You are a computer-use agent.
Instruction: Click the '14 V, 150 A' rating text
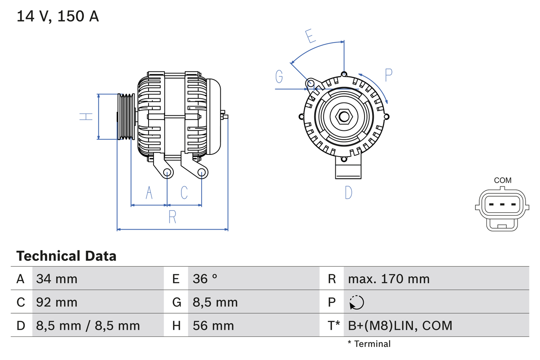(58, 16)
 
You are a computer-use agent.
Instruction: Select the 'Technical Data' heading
(66, 256)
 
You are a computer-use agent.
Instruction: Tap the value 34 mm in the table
(57, 279)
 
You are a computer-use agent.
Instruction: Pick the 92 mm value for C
(57, 302)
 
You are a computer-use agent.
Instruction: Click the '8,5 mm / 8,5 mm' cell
(88, 325)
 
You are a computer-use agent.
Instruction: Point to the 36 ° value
(205, 279)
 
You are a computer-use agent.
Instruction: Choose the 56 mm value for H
(213, 325)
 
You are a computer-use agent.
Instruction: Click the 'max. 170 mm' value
(389, 279)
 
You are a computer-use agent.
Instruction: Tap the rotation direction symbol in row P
(356, 302)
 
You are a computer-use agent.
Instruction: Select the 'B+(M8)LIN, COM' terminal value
(400, 325)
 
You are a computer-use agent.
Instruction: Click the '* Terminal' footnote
(369, 344)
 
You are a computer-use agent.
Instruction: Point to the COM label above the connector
(502, 180)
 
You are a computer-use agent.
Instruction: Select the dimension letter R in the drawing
(172, 217)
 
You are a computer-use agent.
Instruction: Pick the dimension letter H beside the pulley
(86, 116)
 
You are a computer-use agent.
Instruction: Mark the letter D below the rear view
(348, 193)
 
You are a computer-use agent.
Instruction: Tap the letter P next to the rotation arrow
(389, 75)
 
